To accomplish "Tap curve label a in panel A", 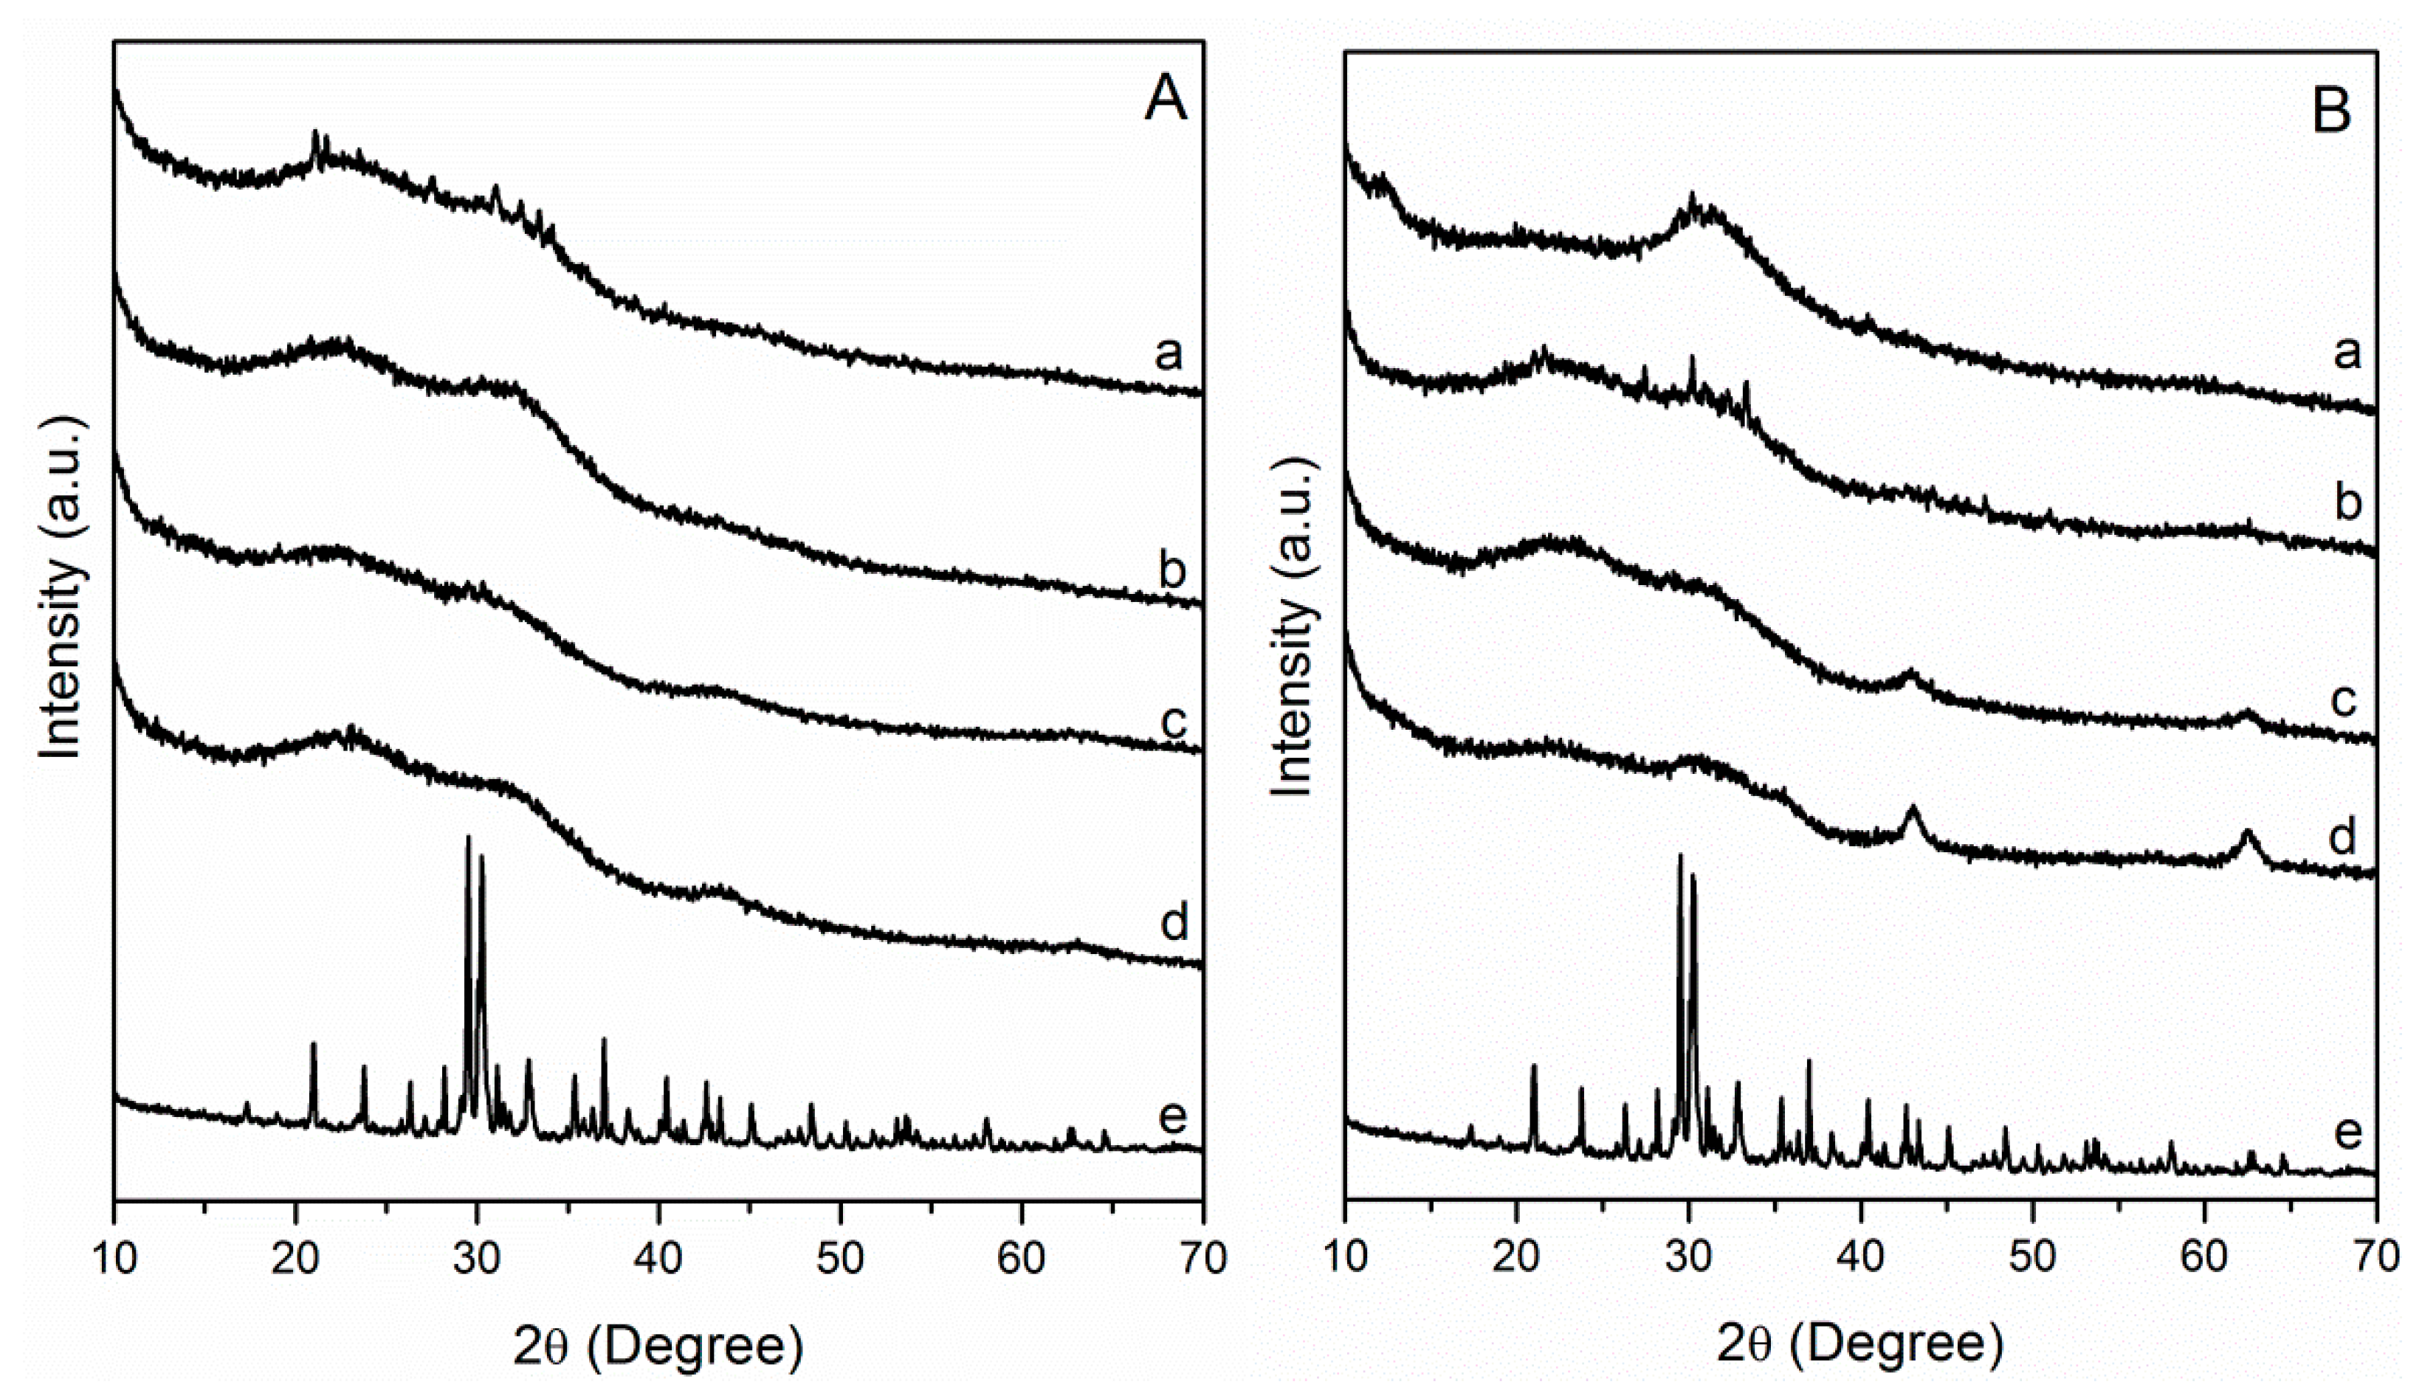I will tap(1169, 355).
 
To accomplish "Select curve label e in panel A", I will tap(1172, 1115).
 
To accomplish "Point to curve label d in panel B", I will tap(2341, 837).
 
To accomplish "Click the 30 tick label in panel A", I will tap(477, 1259).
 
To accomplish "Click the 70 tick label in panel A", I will tap(1202, 1259).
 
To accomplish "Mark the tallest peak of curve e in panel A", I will tap(468, 838).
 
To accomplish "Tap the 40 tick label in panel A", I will tap(658, 1259).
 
